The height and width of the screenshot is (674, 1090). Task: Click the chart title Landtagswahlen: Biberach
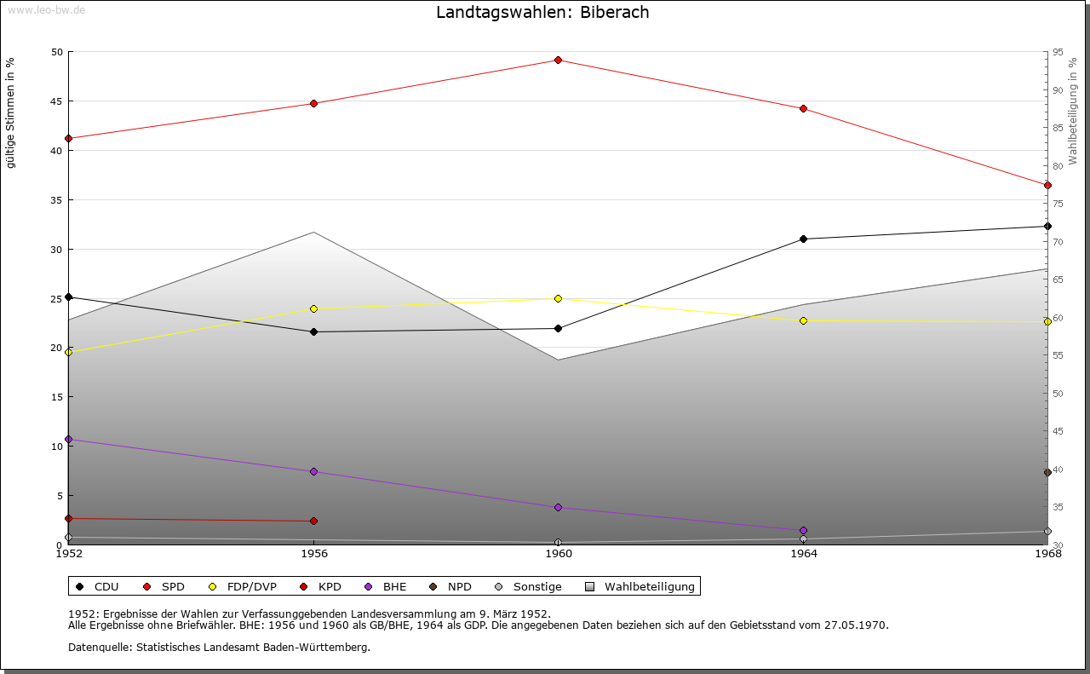tap(542, 12)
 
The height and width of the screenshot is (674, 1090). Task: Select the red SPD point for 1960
tap(558, 60)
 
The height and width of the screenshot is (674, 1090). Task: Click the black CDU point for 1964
tap(803, 239)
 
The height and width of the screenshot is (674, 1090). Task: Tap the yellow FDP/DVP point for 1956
tap(313, 308)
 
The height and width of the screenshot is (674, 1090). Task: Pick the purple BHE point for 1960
tap(558, 507)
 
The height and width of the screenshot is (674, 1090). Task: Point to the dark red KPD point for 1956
tap(313, 521)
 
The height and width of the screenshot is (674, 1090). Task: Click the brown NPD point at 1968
tap(1047, 472)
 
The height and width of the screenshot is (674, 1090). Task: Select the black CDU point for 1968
tap(1047, 226)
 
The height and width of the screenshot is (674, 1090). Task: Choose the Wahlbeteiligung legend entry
tap(649, 586)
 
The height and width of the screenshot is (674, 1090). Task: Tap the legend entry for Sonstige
tap(536, 586)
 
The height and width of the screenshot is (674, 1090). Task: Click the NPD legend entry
tap(459, 586)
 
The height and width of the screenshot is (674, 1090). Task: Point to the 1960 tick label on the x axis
tap(558, 554)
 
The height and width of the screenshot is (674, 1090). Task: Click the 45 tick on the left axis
tap(57, 101)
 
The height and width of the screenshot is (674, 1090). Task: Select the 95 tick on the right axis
tap(1057, 52)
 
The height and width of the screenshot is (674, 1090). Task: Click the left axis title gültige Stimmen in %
tap(10, 112)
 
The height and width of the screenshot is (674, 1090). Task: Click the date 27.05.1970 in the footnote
tap(855, 625)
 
